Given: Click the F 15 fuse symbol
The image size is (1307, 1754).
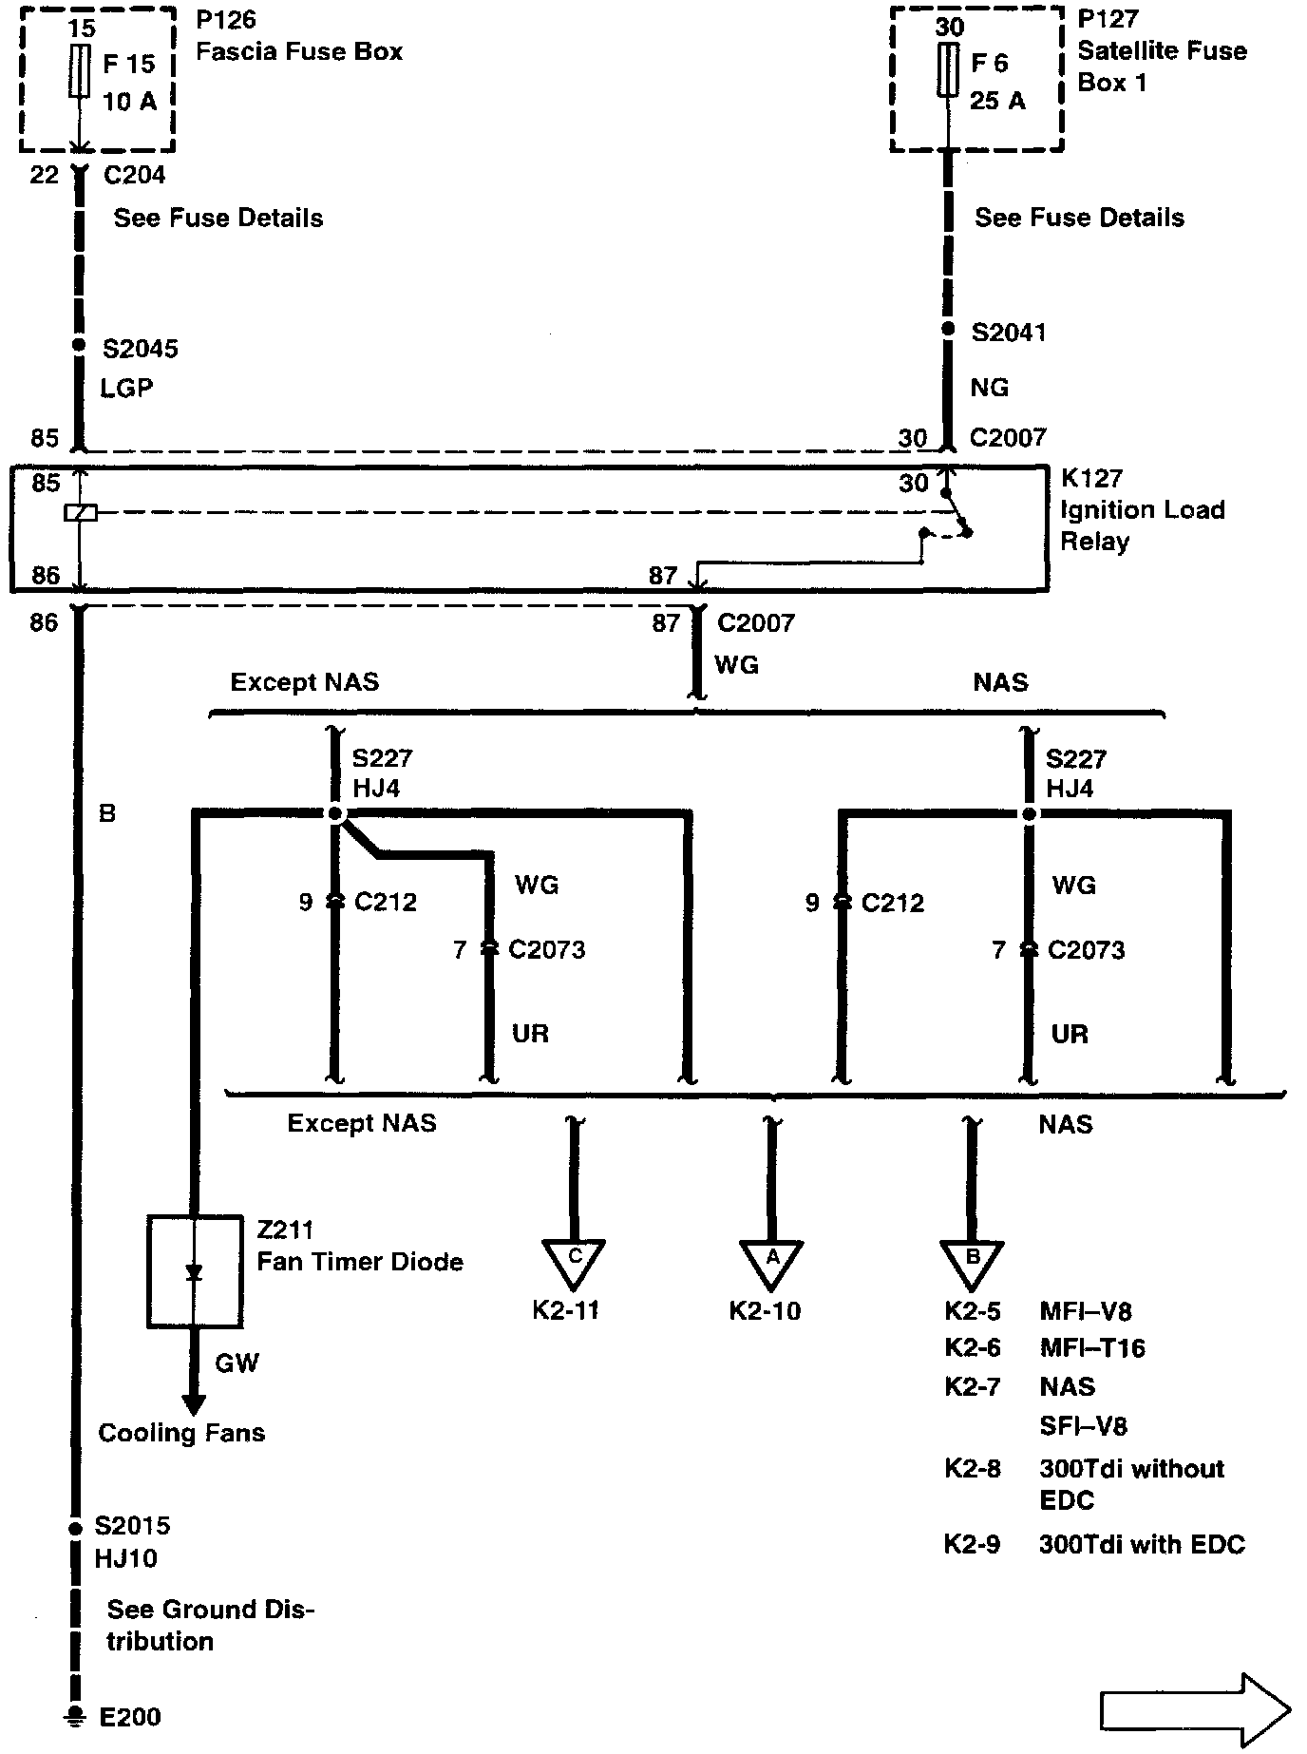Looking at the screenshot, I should (x=80, y=70).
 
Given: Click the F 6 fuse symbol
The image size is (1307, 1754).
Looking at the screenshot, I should (x=947, y=69).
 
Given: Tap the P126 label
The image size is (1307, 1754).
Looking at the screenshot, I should (x=226, y=20).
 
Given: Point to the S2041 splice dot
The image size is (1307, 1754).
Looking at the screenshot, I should (x=947, y=329).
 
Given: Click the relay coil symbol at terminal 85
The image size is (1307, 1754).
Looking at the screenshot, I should (x=80, y=513).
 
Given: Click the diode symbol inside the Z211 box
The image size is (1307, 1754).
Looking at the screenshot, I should (x=194, y=1272).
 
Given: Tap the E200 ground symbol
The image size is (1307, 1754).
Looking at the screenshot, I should (x=73, y=1717).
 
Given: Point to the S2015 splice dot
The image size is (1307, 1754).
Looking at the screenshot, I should (x=75, y=1530).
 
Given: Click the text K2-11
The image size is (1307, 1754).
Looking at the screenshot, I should (x=566, y=1310).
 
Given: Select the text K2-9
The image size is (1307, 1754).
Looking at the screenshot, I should (x=972, y=1544).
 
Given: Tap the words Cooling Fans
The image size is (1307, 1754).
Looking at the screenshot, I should (x=181, y=1433).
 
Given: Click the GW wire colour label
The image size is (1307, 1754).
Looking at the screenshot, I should (x=237, y=1363).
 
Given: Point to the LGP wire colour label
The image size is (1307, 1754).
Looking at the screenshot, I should (x=126, y=388).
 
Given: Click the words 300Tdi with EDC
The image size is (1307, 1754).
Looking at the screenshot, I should (x=1142, y=1544).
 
